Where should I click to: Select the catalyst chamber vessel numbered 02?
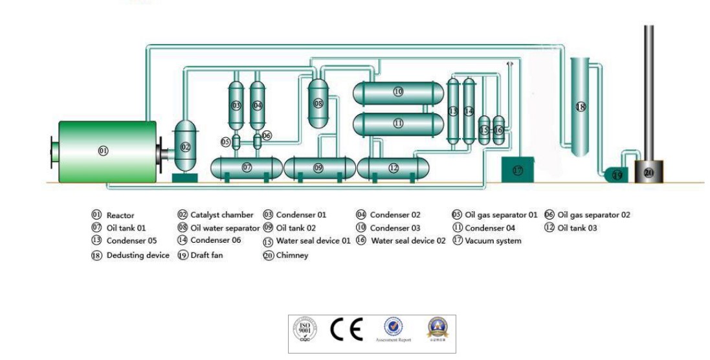click(x=186, y=148)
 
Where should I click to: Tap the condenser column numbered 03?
click(x=236, y=105)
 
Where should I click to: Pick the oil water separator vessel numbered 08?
click(x=318, y=104)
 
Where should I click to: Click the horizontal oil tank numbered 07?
click(x=247, y=168)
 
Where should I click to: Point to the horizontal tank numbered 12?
click(x=394, y=168)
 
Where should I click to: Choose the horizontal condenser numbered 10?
click(x=398, y=93)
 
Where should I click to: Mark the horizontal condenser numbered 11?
click(x=398, y=122)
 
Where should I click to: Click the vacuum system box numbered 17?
click(x=518, y=170)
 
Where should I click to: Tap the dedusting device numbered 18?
click(x=581, y=107)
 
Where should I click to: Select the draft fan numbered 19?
click(x=617, y=175)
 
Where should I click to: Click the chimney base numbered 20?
click(x=649, y=172)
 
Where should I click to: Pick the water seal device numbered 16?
click(x=498, y=130)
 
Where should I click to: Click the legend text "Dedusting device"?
click(x=138, y=256)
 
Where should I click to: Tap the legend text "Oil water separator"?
click(x=225, y=228)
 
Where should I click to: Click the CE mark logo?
click(x=347, y=330)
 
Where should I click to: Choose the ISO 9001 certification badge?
click(x=306, y=330)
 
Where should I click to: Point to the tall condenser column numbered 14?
click(x=469, y=111)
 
